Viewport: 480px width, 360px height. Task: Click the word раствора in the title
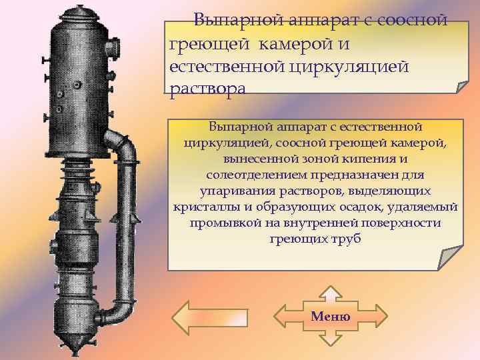207,88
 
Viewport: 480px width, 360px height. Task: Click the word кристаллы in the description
201,207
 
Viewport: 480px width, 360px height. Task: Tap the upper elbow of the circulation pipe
122,141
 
